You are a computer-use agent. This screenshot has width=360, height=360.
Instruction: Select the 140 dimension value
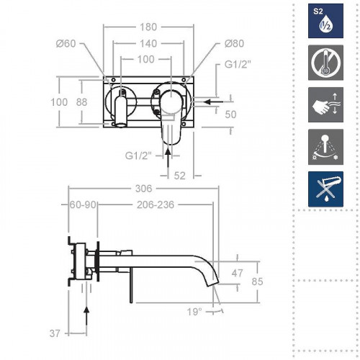(146, 43)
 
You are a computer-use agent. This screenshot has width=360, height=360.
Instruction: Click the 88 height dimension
(81, 102)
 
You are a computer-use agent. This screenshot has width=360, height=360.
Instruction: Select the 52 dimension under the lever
(180, 175)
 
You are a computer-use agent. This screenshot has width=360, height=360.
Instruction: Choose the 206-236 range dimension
(156, 205)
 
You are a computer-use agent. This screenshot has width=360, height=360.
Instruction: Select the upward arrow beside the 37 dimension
(86, 317)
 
